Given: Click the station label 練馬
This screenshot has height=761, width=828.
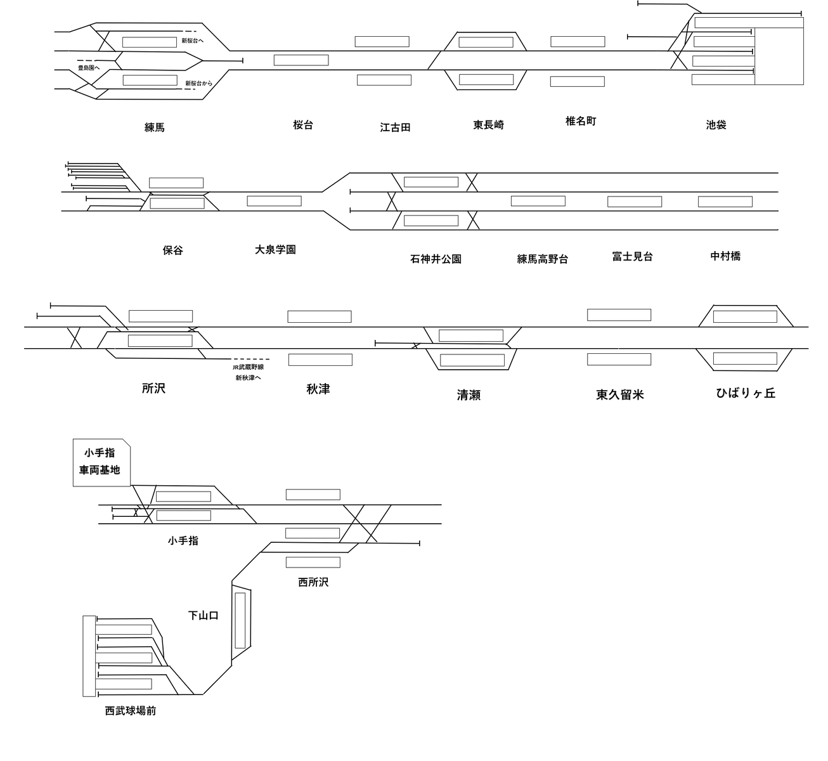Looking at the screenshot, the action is pyautogui.click(x=154, y=127).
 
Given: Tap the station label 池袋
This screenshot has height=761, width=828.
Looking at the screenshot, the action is pyautogui.click(x=716, y=125).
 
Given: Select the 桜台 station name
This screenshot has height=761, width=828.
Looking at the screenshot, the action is pyautogui.click(x=303, y=125).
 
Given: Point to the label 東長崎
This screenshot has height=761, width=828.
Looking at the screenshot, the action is pyautogui.click(x=488, y=125).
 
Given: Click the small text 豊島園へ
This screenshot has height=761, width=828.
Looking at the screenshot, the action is pyautogui.click(x=89, y=68).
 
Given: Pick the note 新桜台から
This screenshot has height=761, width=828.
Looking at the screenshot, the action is pyautogui.click(x=198, y=84).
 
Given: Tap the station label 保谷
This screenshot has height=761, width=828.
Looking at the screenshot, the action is pyautogui.click(x=172, y=250).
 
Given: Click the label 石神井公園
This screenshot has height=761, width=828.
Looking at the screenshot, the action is pyautogui.click(x=436, y=259).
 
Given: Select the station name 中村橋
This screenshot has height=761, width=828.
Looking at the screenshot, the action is pyautogui.click(x=725, y=256).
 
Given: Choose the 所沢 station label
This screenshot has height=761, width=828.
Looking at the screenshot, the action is pyautogui.click(x=153, y=388).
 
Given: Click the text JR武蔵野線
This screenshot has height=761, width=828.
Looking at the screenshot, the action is pyautogui.click(x=248, y=367).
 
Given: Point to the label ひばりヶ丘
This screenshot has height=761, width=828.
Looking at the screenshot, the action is pyautogui.click(x=746, y=393).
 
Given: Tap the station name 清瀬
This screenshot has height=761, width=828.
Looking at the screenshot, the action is pyautogui.click(x=469, y=395).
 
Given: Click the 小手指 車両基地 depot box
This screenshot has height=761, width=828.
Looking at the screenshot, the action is pyautogui.click(x=101, y=462).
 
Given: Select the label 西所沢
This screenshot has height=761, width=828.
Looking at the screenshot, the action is pyautogui.click(x=313, y=582).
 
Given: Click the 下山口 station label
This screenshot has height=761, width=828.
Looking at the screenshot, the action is pyautogui.click(x=203, y=616).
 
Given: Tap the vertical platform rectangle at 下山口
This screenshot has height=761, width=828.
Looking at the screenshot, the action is pyautogui.click(x=240, y=621).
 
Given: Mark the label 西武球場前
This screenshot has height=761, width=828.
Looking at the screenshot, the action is pyautogui.click(x=131, y=711).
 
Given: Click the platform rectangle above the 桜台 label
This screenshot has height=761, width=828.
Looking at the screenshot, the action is pyautogui.click(x=301, y=60).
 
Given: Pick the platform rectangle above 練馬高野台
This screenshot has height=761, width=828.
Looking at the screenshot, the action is pyautogui.click(x=538, y=201).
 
